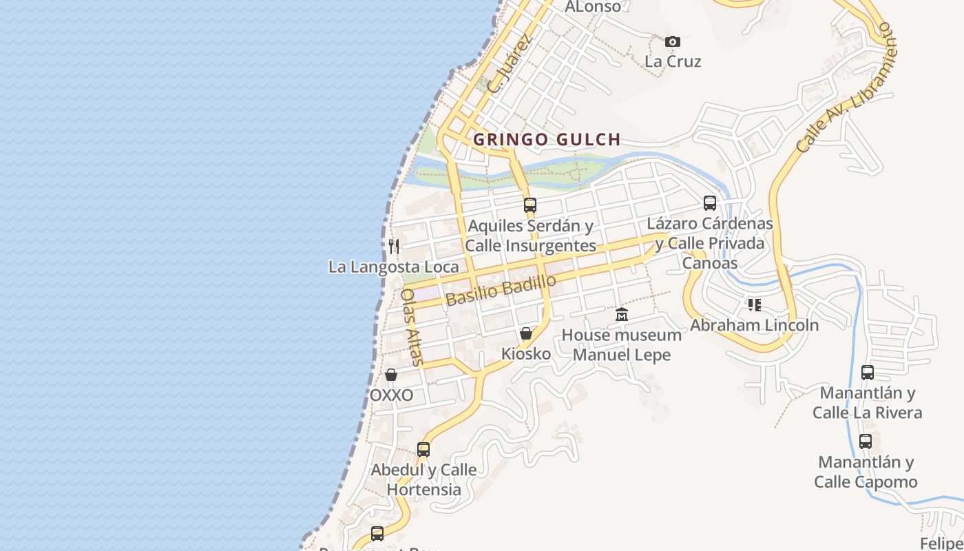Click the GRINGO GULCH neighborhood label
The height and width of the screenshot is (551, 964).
point(547,139)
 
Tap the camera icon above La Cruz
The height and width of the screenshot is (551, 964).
point(673,42)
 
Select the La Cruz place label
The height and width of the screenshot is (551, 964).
point(673,61)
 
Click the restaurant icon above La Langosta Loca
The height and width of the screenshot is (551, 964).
point(394,246)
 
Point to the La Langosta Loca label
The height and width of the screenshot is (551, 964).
point(393,267)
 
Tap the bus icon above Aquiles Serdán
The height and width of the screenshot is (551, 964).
point(530,205)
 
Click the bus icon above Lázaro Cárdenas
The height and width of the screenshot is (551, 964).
point(710,203)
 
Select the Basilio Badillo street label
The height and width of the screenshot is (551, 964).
point(501,290)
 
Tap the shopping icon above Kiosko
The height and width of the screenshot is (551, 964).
point(526,334)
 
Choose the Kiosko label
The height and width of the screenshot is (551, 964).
point(526,354)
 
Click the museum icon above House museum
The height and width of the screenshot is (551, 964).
point(622,315)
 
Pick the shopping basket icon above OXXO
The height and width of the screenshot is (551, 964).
point(391,375)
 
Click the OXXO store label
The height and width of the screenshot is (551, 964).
point(392,395)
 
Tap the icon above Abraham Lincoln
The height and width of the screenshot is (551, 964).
point(755,304)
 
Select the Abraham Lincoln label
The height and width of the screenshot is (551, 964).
point(755,325)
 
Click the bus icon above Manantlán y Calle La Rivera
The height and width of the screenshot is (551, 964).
point(868,373)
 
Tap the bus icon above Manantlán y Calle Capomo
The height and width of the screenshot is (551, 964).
point(866,441)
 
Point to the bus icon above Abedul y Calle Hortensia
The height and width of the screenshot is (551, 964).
point(423,450)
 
